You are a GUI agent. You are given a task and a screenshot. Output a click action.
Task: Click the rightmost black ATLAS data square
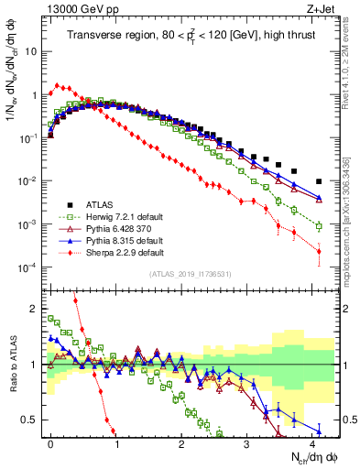point(319,181)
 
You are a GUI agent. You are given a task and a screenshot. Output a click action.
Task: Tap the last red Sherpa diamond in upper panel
point(319,251)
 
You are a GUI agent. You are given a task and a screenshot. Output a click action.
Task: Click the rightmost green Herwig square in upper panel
point(319,226)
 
